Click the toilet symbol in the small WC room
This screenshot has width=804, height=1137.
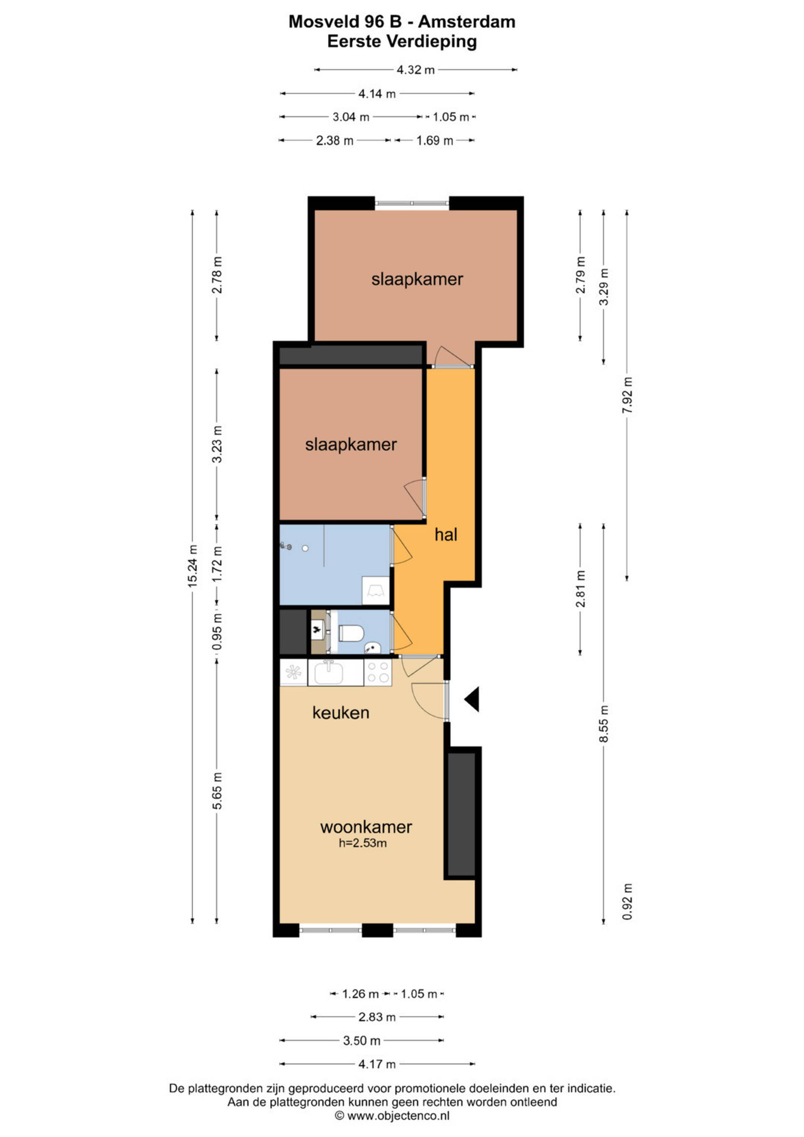tap(351, 632)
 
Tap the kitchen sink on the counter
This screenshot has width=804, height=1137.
tap(329, 672)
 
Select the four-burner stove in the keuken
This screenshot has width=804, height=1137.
tap(378, 672)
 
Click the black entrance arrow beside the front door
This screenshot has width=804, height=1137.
tap(472, 699)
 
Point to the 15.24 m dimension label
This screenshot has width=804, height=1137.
tap(193, 566)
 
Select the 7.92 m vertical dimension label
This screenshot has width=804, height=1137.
tap(627, 395)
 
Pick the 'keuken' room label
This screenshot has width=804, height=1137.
tap(340, 713)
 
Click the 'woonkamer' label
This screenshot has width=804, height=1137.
tap(366, 827)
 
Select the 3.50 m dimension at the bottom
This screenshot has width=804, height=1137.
tap(361, 1040)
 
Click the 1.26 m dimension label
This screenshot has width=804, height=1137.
tap(360, 994)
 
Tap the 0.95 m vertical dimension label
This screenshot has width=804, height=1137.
tap(217, 632)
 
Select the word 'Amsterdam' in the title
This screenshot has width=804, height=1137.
tap(467, 22)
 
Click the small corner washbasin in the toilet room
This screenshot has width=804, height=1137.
tap(372, 647)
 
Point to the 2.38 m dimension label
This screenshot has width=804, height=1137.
tap(335, 141)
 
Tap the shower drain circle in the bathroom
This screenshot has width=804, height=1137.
tap(305, 548)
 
